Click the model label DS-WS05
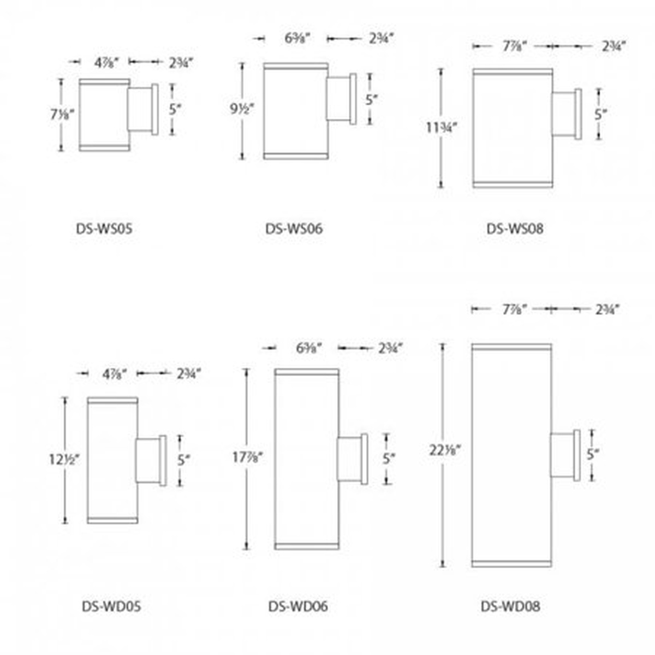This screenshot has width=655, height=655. pos(104,228)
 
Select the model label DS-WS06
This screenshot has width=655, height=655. pos(294,228)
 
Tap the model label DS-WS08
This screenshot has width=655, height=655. pos(515,228)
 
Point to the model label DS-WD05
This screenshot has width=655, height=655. pos(111,606)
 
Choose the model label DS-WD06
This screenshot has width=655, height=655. pos(298,606)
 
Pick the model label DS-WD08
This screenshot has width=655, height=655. pos(510,606)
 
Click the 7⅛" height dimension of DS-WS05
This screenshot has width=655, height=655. pos(62,115)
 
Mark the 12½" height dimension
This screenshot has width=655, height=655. pos(65,460)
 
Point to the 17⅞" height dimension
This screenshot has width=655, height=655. pos(248,457)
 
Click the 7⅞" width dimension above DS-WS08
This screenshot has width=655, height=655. pos(514,46)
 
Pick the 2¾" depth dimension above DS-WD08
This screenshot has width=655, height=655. pos(606,309)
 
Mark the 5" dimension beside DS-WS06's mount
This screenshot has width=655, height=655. pos(372,99)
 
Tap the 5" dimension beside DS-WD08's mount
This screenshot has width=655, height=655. pos(593,454)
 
